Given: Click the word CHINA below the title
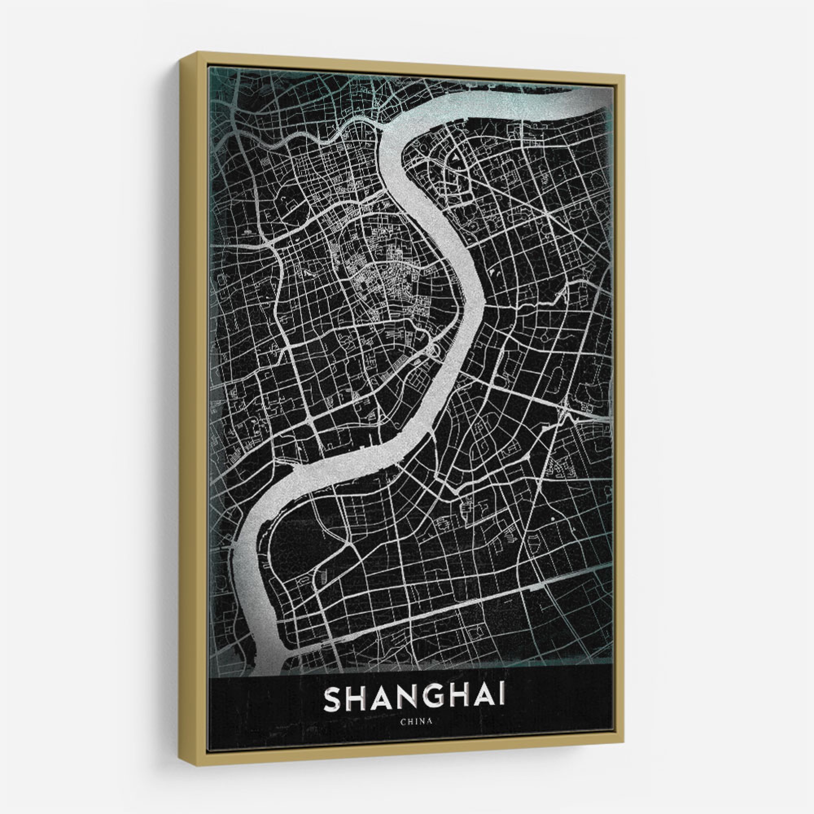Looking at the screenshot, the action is (x=416, y=721).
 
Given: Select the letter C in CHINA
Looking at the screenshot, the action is (x=403, y=721).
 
